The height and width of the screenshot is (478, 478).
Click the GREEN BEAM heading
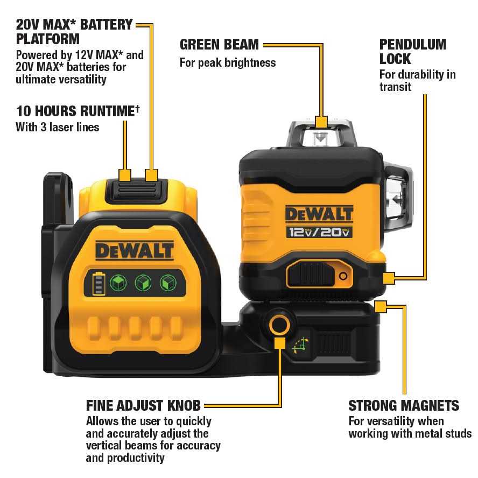coord(219,44)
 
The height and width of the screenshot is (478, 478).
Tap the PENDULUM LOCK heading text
coord(412,51)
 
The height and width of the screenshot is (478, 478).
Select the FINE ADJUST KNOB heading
coord(143,405)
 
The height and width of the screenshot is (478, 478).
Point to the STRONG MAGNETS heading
coord(404,405)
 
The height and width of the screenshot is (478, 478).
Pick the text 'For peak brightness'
coord(227,62)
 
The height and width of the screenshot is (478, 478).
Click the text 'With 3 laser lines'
coord(58,128)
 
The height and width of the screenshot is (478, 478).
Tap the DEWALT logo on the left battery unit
coord(135,250)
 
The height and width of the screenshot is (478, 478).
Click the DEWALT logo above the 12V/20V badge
coord(319,213)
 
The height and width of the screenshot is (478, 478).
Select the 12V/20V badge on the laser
coord(319,232)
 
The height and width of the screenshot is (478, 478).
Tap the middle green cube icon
coord(143,283)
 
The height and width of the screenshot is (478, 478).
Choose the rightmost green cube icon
coord(167,283)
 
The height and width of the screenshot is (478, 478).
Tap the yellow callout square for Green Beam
coord(321,121)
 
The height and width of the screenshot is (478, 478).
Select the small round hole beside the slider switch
coord(342,276)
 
